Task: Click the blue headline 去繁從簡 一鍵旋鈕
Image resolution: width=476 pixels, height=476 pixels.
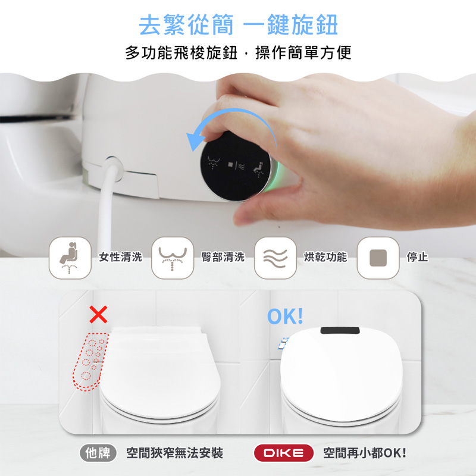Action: tap(239, 25)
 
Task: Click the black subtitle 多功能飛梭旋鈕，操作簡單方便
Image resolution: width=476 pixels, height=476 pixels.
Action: tap(239, 52)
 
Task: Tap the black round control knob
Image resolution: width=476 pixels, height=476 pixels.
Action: tap(236, 167)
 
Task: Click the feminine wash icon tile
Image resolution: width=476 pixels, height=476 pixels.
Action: tap(70, 258)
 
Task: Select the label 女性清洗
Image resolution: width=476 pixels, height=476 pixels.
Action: tap(121, 257)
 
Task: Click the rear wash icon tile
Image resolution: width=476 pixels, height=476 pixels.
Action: tap(173, 258)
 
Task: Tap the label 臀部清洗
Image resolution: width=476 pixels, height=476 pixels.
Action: tap(223, 257)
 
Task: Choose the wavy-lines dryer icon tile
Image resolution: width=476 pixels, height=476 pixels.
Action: tap(275, 258)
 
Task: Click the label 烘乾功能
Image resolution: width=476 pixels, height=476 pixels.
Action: tap(325, 257)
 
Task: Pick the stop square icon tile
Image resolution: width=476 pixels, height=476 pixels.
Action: tap(378, 258)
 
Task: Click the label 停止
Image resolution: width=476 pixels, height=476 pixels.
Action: tap(418, 257)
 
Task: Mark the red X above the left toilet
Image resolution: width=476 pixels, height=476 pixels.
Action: tap(98, 314)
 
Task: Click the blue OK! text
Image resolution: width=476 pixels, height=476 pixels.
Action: tap(285, 316)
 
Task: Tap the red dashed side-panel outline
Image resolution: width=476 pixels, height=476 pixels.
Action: tap(90, 362)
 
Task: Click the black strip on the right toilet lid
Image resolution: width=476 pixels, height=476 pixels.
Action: tap(340, 330)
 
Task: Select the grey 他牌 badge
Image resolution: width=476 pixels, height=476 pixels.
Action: tap(98, 453)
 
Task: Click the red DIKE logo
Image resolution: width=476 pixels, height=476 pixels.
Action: tap(284, 453)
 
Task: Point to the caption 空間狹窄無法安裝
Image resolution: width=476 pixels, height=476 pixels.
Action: tap(175, 453)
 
